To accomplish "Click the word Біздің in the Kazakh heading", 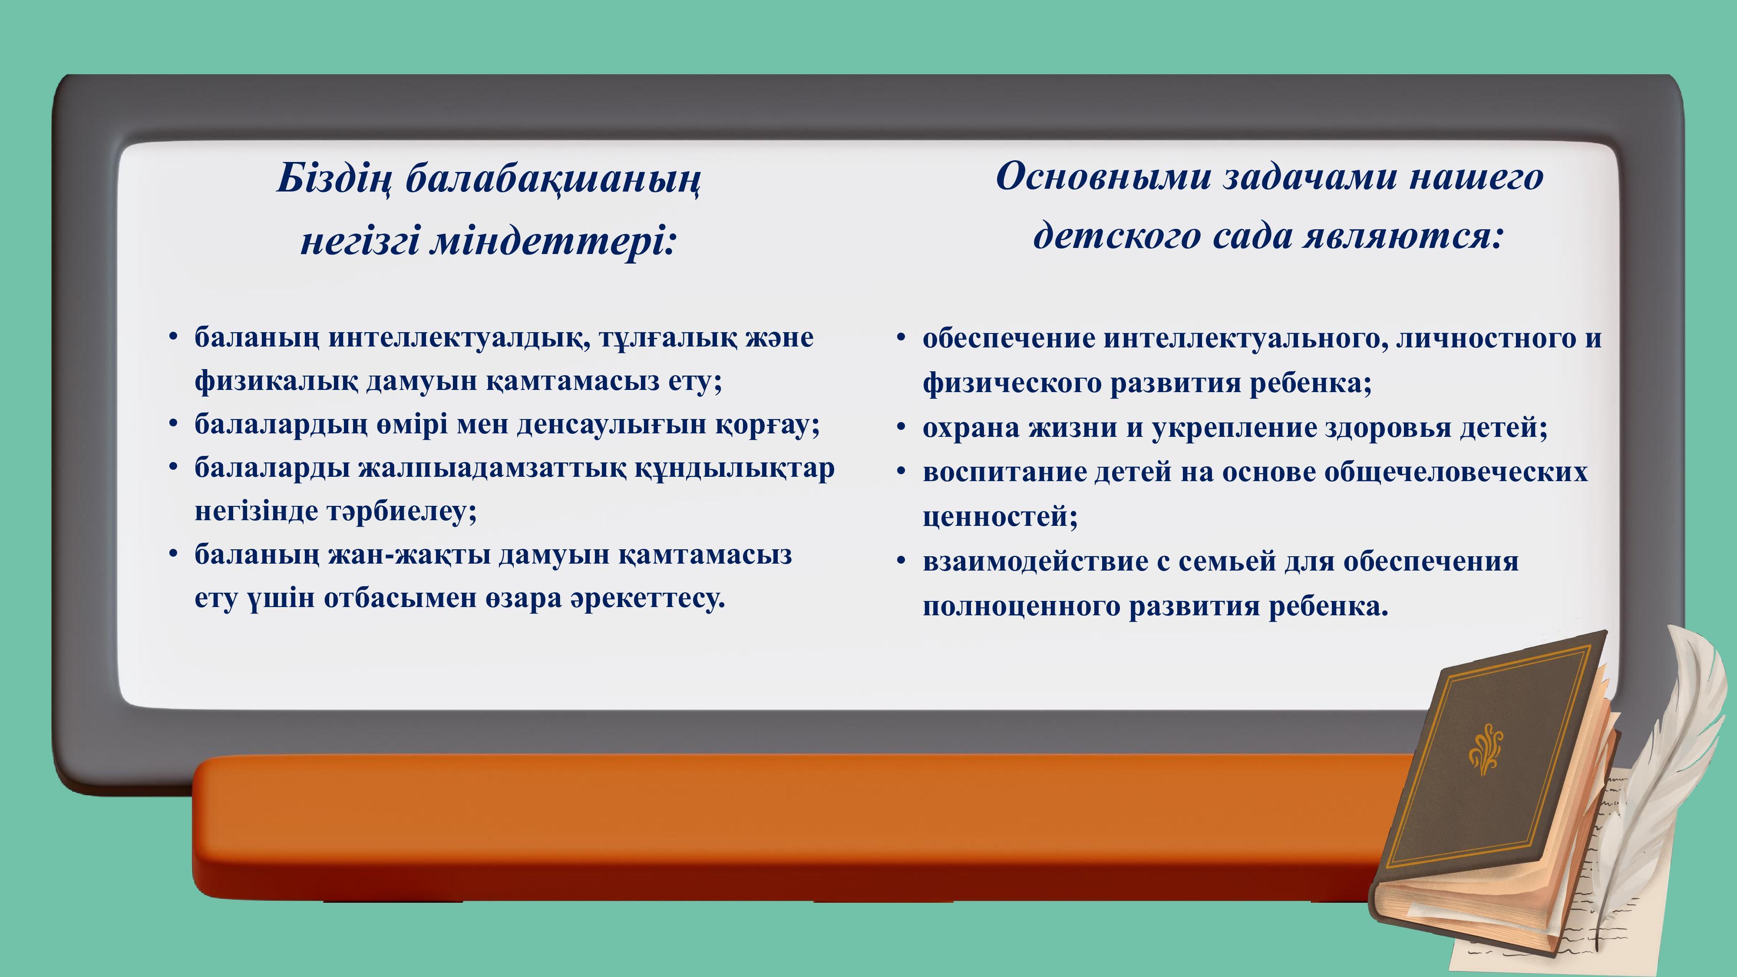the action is pos(334,179).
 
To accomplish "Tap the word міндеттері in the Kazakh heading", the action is pos(553,241).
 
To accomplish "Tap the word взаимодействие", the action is pos(1036,561).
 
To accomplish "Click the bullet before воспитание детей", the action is pos(901,472).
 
